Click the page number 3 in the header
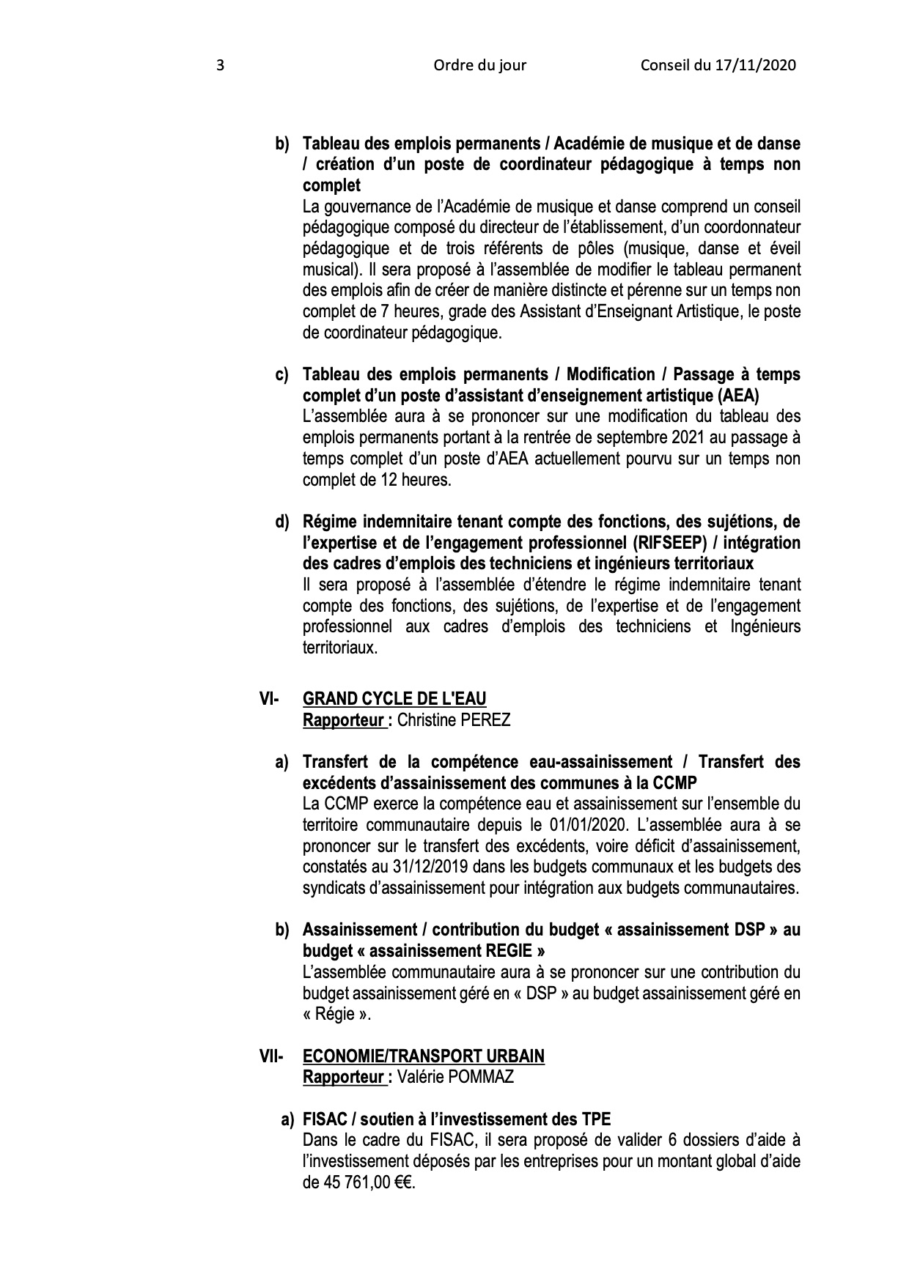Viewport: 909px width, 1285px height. pos(220,66)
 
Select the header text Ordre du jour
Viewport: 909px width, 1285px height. pos(479,66)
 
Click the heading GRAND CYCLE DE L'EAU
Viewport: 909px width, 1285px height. pos(394,698)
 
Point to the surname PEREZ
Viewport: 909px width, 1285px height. pos(485,719)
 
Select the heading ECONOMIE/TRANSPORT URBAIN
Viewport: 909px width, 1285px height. pos(424,1056)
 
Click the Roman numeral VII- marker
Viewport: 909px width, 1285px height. pos(271,1056)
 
